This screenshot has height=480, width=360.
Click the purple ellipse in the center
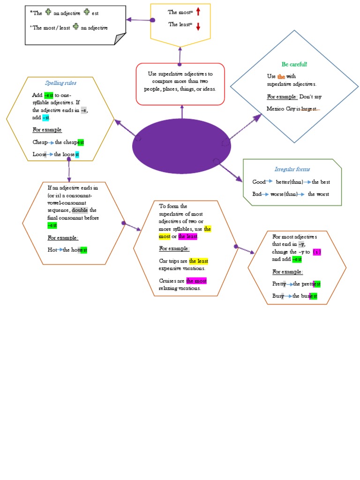click(x=182, y=146)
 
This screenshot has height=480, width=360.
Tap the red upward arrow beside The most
click(x=198, y=12)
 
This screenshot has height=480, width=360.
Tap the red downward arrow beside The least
click(x=198, y=26)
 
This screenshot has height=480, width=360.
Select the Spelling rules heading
click(x=60, y=83)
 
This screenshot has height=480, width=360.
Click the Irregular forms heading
click(x=292, y=169)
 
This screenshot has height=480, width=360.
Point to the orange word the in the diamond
click(x=281, y=76)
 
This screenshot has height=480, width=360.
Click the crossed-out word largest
click(x=309, y=109)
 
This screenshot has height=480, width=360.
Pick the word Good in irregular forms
click(x=259, y=182)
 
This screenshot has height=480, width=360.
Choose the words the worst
click(x=318, y=194)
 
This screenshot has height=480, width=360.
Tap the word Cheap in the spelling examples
click(x=40, y=142)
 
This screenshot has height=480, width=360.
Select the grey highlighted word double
click(x=80, y=210)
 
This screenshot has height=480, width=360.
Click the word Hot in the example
click(x=52, y=250)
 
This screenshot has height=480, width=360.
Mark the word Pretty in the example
click(x=279, y=284)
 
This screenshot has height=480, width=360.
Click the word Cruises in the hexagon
click(x=168, y=281)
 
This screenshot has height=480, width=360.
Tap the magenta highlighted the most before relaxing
click(x=196, y=281)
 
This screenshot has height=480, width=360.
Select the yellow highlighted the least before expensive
click(x=199, y=261)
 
